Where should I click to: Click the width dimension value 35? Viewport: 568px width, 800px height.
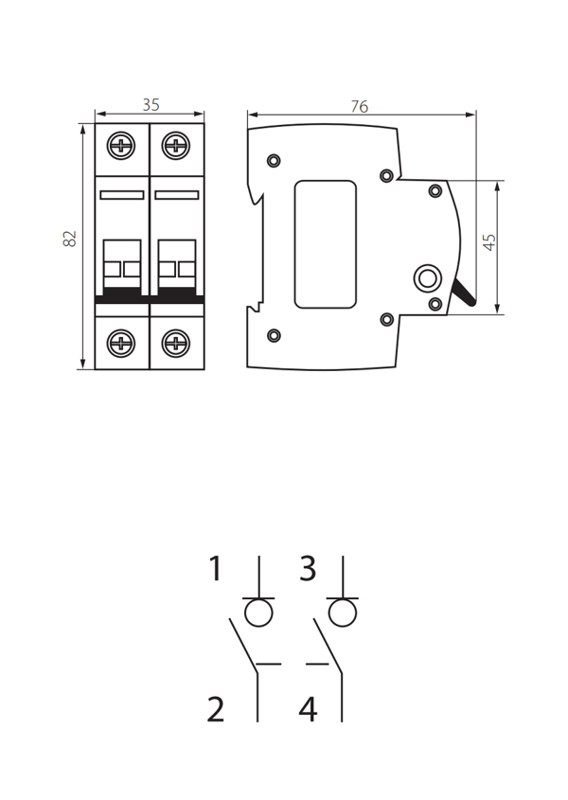tap(151, 104)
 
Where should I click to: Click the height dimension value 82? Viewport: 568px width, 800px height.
tap(69, 239)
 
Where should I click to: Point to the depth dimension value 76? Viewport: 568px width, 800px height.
tap(360, 106)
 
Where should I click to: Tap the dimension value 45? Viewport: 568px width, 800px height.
tap(488, 241)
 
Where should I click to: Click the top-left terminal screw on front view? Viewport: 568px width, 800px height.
tap(121, 146)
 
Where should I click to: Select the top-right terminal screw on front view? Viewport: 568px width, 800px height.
tap(176, 146)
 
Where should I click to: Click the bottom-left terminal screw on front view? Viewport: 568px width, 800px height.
tap(121, 343)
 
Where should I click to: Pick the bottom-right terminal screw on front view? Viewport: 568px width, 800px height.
tap(176, 343)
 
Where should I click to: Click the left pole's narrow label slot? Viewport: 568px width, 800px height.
tap(122, 195)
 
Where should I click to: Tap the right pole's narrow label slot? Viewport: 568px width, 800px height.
tap(177, 195)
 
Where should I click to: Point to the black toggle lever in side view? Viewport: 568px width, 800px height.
tap(465, 293)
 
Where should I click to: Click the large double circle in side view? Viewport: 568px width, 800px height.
tap(427, 278)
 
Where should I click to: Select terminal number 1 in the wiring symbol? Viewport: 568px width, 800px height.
tap(216, 568)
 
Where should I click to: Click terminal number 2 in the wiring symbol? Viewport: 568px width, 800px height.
tap(215, 709)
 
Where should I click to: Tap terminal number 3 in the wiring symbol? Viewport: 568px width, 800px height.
tap(308, 568)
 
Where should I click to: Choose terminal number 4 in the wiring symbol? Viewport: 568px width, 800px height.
tap(309, 709)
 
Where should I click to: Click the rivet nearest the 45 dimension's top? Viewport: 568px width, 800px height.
tap(435, 191)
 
